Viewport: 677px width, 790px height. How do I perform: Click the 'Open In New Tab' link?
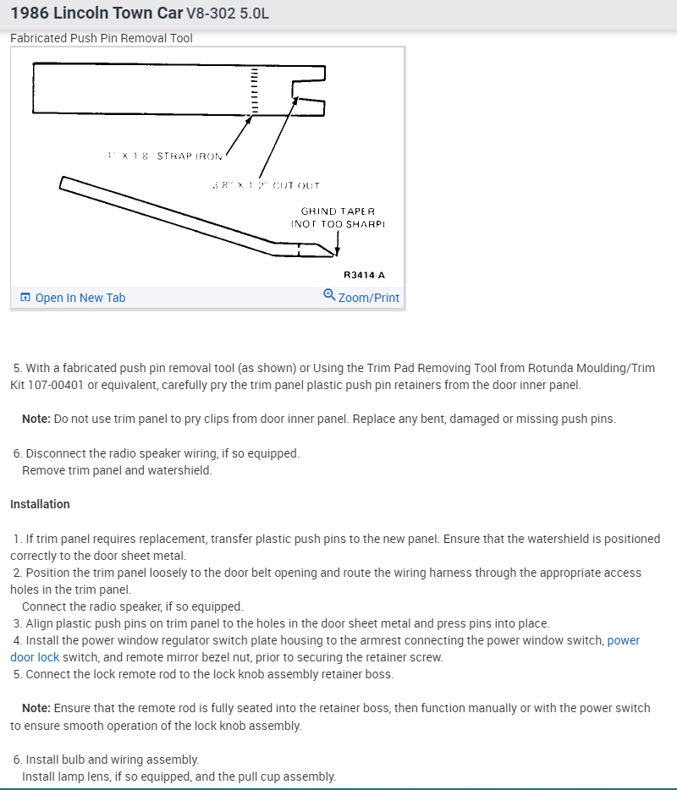pos(80,298)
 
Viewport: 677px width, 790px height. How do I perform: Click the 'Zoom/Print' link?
pos(368,298)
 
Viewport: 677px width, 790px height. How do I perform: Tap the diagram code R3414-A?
pos(364,275)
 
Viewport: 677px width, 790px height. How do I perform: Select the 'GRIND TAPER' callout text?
pos(338,211)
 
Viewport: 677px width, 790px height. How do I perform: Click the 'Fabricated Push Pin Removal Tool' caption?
pos(102,38)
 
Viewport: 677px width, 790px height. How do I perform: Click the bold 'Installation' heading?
pos(40,504)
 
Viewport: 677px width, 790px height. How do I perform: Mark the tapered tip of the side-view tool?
pos(332,251)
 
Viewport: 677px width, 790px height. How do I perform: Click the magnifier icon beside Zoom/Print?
pos(329,295)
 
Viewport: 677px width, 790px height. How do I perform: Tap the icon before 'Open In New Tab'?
pos(25,298)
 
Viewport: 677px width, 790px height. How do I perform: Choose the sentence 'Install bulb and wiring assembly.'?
pos(113,760)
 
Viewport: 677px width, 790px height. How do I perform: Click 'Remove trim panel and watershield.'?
pos(117,470)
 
